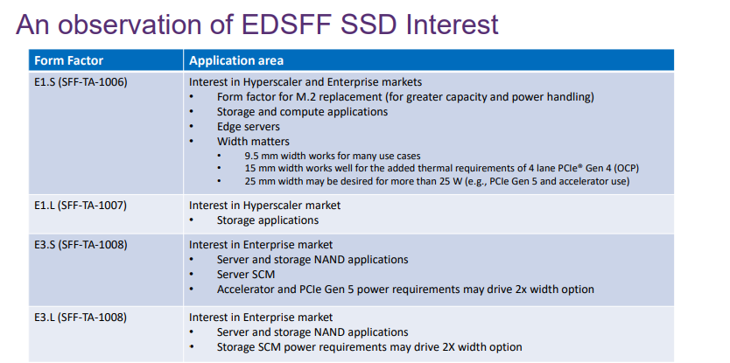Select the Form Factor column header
click(x=69, y=60)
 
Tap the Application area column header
click(x=236, y=60)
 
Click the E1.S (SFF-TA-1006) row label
click(x=81, y=82)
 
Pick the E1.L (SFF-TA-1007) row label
click(x=81, y=206)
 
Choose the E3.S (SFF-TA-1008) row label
click(x=81, y=245)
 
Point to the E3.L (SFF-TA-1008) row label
click(x=81, y=318)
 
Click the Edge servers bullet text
click(x=248, y=127)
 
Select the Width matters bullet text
click(x=253, y=142)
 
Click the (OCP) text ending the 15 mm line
click(x=633, y=169)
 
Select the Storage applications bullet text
click(x=268, y=220)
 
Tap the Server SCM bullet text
click(x=246, y=275)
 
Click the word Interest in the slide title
click(x=452, y=24)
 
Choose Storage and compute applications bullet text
click(x=302, y=112)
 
